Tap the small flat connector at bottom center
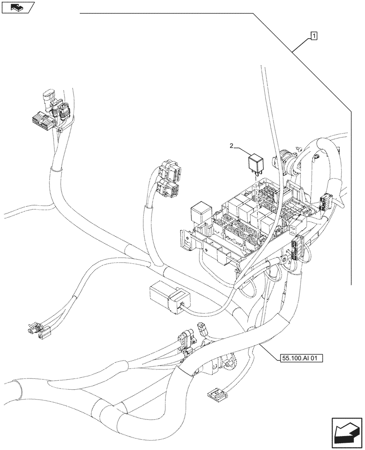point(215,395)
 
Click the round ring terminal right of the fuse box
point(284,260)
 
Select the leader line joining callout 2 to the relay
point(242,150)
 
